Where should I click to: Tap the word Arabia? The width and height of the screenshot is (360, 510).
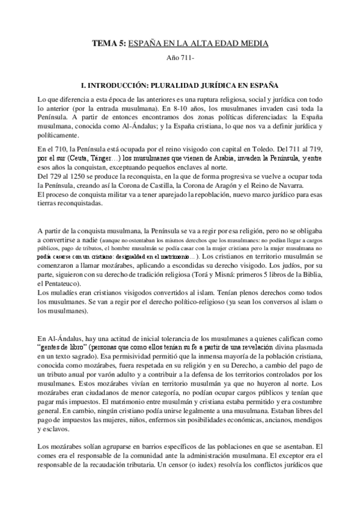point(222,158)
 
